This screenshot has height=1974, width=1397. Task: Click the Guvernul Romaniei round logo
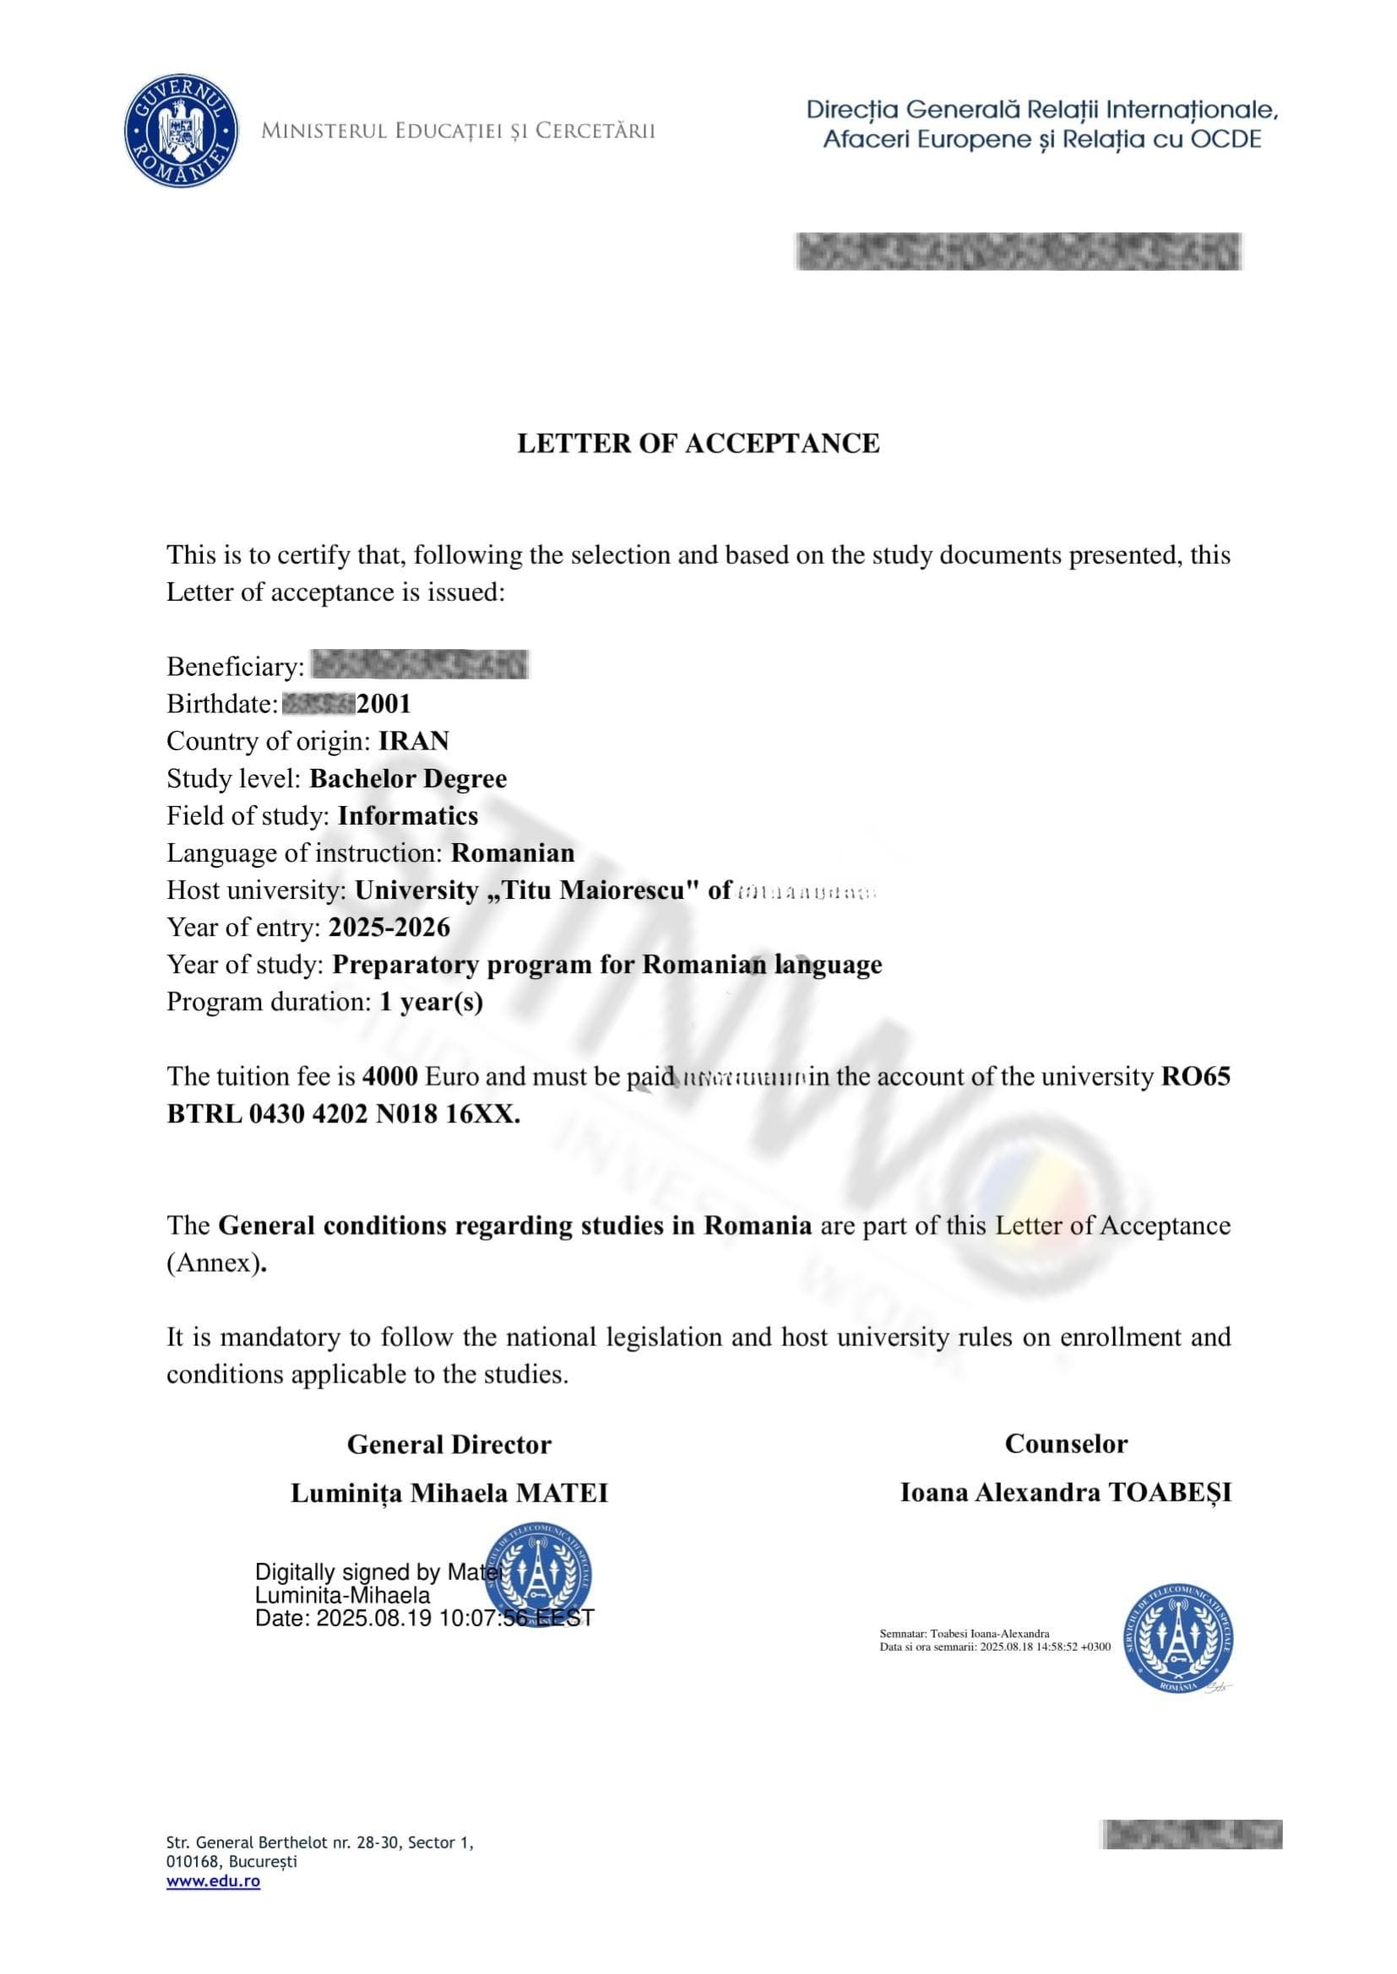coord(181,130)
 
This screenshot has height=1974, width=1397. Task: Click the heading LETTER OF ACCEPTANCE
coord(698,444)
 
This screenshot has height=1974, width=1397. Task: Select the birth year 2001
coord(383,704)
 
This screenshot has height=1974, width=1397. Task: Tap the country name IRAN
coord(414,741)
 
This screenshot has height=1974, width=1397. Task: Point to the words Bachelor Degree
coord(408,779)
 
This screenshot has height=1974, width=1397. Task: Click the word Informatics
coord(408,816)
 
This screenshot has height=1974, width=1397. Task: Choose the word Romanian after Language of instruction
coord(513,853)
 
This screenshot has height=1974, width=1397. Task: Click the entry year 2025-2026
coord(389,928)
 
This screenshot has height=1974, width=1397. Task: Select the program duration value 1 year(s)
coord(431,1003)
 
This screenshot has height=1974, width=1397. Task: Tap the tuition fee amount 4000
coord(390,1076)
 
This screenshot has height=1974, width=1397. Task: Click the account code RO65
coord(1196,1076)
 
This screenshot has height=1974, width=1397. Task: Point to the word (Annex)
coord(213,1263)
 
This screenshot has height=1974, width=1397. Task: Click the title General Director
coord(449,1444)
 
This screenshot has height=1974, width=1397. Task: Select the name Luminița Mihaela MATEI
coord(449,1494)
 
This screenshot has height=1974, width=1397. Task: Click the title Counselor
coord(1066,1443)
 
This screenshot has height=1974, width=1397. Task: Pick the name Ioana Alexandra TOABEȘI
coord(1066,1493)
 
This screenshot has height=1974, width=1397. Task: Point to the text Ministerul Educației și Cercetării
coord(458,131)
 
